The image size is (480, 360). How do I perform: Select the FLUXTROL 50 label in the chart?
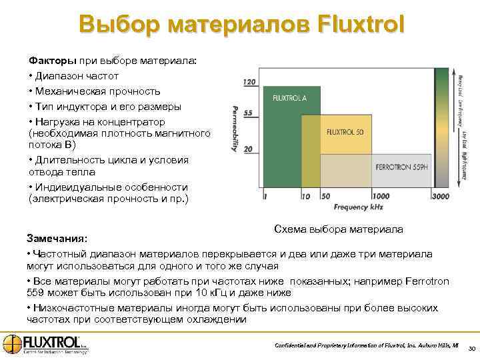coord(345,131)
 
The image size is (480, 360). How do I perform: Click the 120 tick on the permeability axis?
coord(248,82)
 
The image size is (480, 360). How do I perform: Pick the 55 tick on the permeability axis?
coord(248,113)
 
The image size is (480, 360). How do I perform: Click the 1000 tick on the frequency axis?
coord(381,197)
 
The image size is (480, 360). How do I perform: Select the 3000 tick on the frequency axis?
coord(441,197)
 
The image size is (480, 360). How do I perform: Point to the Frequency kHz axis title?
coord(360,207)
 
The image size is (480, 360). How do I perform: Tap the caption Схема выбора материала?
coord(339,229)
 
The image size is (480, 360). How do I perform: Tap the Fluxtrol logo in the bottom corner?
coord(45,344)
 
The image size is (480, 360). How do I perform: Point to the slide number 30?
coord(471,349)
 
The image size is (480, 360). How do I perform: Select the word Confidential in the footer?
coord(295,344)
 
